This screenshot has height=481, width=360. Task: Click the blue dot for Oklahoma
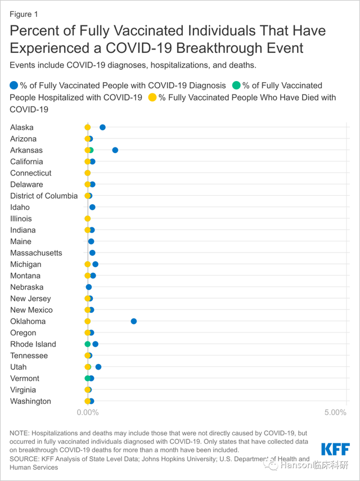click(134, 321)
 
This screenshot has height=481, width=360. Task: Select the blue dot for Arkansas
click(115, 150)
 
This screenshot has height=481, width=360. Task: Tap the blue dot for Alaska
click(102, 128)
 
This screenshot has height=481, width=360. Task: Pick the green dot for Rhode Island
click(88, 344)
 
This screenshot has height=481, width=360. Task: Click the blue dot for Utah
click(98, 367)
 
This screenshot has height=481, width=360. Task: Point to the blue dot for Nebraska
click(89, 287)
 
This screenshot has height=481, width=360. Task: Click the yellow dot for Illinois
click(88, 219)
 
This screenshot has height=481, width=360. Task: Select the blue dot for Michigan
click(96, 264)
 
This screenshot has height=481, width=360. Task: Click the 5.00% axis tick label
click(335, 412)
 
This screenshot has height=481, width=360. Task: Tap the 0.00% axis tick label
click(88, 412)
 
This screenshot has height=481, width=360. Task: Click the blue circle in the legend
click(14, 86)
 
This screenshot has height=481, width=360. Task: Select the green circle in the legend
click(237, 86)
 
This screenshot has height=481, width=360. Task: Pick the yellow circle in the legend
click(152, 97)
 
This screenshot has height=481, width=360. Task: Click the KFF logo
click(335, 449)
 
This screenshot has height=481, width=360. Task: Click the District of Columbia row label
click(44, 196)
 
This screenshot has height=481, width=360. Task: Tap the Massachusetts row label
click(36, 253)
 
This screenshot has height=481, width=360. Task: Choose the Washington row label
click(30, 401)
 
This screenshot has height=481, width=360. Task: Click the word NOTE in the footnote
click(19, 433)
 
